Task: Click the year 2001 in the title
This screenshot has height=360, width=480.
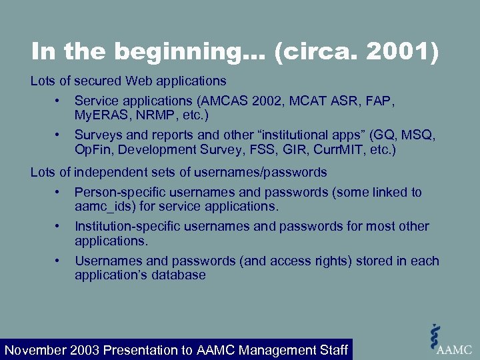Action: (407, 53)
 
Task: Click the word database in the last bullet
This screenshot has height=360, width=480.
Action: (179, 275)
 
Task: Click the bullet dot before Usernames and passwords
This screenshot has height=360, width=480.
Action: (59, 261)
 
